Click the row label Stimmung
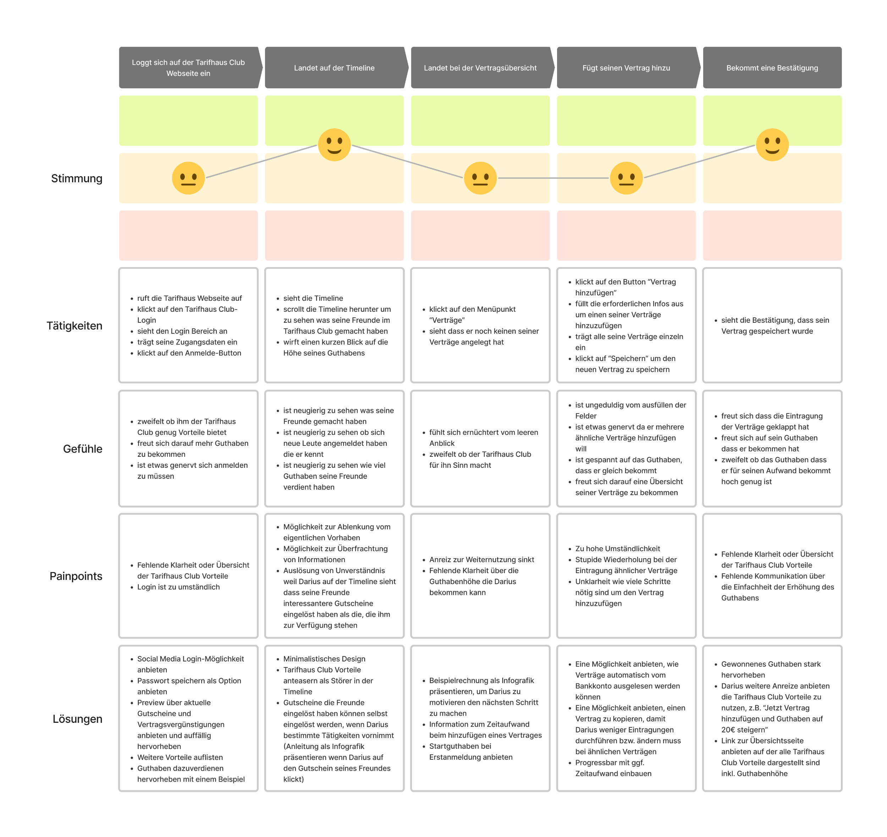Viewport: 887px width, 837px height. pos(77,178)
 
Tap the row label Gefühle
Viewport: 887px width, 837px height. pos(83,449)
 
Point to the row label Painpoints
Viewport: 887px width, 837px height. pos(76,576)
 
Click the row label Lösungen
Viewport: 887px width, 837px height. pos(78,719)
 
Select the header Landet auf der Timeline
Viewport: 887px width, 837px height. pos(334,68)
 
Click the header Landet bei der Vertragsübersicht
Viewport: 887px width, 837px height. pos(480,68)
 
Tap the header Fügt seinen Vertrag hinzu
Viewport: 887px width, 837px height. pos(626,68)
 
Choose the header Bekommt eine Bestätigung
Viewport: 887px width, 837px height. pos(772,68)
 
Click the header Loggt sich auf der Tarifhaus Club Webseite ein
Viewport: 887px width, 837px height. pos(188,68)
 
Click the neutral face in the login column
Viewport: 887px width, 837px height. pos(188,178)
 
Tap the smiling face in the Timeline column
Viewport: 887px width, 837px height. pos(334,145)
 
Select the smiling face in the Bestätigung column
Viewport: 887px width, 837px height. pos(772,145)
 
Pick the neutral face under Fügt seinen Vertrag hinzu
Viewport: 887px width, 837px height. pos(626,178)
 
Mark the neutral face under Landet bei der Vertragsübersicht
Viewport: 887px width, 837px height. pos(480,178)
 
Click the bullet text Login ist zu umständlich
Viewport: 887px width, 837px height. pos(178,587)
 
